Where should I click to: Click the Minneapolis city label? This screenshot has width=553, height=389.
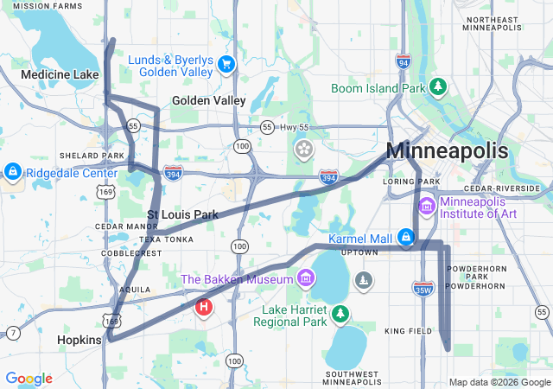[447, 150]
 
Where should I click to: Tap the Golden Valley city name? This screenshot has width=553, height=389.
[208, 100]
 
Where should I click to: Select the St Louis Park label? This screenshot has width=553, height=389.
[181, 214]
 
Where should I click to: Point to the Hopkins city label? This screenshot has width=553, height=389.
[79, 341]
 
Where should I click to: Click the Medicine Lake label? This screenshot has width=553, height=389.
[60, 75]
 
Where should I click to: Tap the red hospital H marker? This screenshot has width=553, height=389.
[204, 307]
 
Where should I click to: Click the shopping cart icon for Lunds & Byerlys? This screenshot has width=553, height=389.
[226, 65]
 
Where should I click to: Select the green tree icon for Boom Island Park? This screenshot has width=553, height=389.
[439, 87]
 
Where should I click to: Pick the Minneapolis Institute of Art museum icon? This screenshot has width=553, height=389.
[426, 207]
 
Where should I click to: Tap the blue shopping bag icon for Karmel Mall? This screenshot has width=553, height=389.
[406, 237]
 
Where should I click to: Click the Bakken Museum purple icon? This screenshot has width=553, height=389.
[304, 278]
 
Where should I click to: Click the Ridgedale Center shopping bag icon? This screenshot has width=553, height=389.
[12, 172]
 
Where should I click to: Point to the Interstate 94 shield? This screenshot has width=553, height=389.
[404, 62]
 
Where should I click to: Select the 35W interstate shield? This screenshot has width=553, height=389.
[423, 288]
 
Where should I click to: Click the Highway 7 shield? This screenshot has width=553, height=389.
[14, 333]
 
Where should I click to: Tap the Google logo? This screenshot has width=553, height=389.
[29, 379]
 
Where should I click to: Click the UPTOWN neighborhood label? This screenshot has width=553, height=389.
[359, 252]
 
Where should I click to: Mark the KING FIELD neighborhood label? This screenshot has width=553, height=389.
[407, 331]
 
